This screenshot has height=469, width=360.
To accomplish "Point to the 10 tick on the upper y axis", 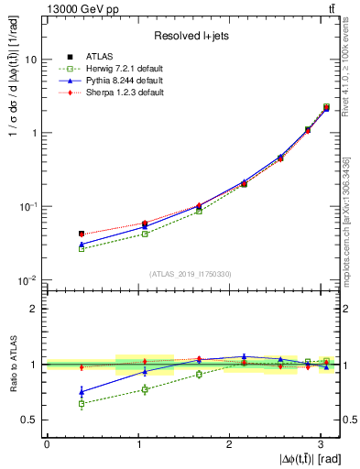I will [33, 60].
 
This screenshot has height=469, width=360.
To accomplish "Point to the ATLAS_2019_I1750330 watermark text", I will [191, 273].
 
